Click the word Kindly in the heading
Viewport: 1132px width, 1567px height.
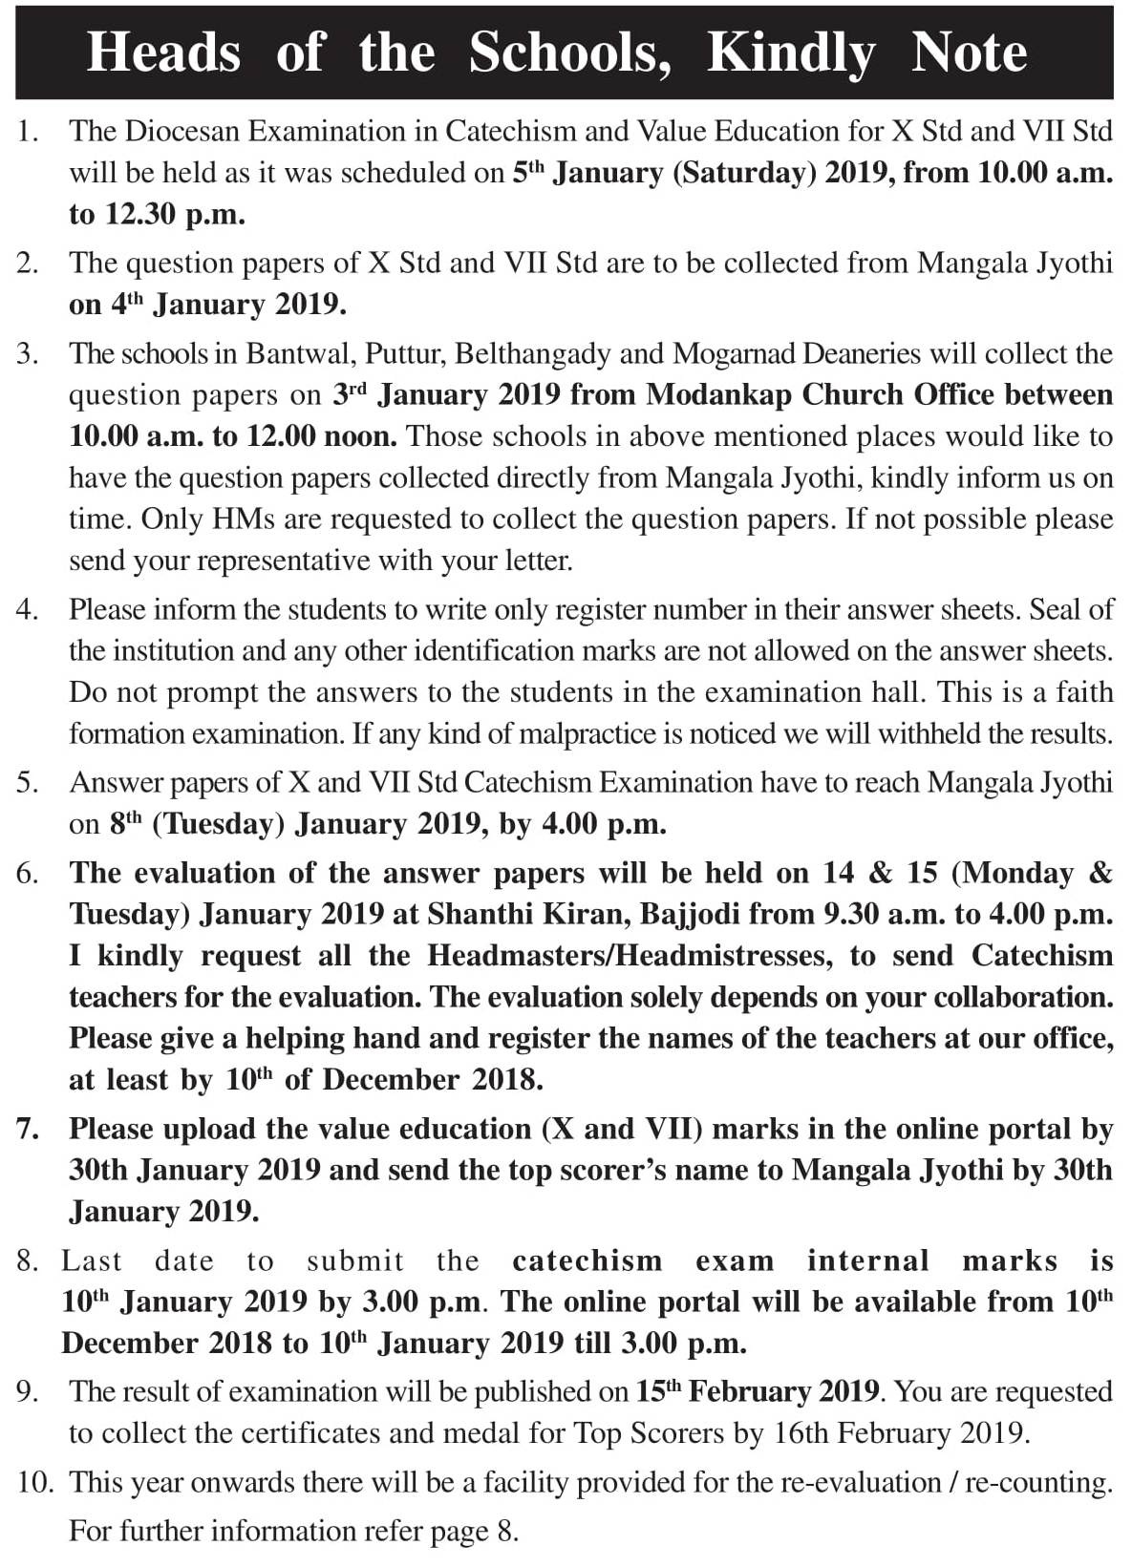click(x=791, y=53)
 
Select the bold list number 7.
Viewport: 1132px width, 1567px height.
click(x=27, y=1129)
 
